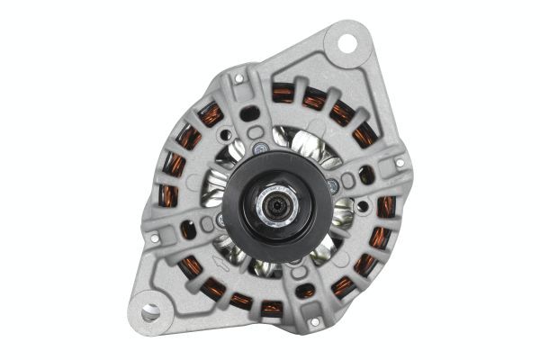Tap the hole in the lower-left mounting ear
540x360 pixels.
click(x=150, y=311)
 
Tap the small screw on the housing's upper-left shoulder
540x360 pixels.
click(x=239, y=80)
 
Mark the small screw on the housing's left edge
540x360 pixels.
click(x=154, y=238)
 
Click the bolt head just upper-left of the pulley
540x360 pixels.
click(x=259, y=148)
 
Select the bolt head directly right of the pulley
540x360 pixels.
click(x=333, y=185)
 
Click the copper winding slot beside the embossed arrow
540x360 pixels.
click(x=190, y=267)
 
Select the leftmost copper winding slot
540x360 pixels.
click(x=168, y=196)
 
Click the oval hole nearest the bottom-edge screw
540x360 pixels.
click(x=307, y=291)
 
